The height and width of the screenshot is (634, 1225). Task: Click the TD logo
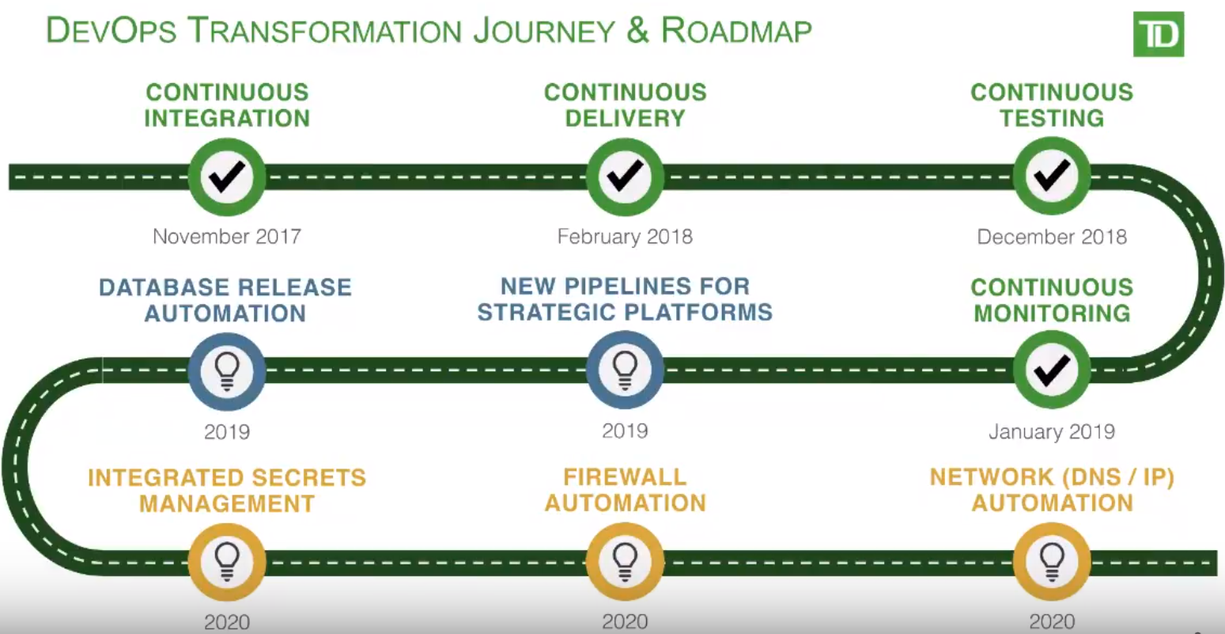[1158, 34]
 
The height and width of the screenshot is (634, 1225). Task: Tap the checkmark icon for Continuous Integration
[227, 177]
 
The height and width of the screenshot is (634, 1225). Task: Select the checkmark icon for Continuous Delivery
[625, 177]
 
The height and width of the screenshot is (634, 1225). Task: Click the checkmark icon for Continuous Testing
[1052, 176]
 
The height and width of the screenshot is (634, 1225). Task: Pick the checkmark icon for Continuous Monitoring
[1052, 370]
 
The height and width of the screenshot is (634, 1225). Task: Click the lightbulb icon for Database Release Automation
[227, 370]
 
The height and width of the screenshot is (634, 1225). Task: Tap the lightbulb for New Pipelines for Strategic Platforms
[625, 370]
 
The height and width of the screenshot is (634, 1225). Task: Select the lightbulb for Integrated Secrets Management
[227, 562]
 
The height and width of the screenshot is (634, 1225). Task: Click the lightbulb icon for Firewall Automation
[625, 561]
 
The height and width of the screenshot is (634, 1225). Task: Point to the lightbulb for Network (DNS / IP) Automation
[1052, 561]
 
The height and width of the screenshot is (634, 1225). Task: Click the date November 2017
[227, 237]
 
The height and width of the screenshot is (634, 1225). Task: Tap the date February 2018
[625, 237]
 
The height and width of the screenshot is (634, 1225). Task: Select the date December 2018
[1052, 237]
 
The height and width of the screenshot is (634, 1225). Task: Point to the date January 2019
[1052, 431]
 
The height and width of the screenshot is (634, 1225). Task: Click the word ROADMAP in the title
[736, 31]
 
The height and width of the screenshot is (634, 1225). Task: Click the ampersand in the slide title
[637, 31]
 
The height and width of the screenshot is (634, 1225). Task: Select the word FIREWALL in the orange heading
[625, 477]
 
